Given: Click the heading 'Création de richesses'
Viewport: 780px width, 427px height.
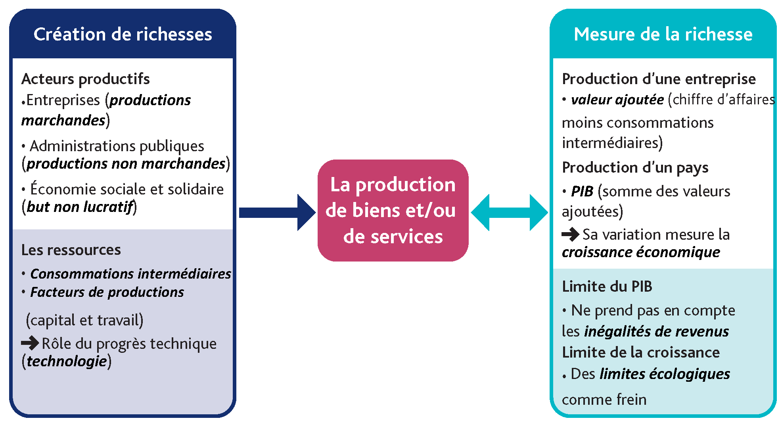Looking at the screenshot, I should (123, 35).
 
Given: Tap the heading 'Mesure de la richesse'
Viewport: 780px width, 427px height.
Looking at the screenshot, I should (663, 35).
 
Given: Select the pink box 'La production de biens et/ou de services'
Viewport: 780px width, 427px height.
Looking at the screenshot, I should (393, 210).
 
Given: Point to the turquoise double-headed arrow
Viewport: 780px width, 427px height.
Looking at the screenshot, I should (509, 212).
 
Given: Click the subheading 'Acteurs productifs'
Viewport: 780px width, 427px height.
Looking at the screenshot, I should (86, 79).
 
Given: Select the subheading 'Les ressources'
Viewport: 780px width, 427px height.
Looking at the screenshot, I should (71, 250).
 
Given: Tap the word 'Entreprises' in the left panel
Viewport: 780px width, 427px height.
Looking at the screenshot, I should (63, 100).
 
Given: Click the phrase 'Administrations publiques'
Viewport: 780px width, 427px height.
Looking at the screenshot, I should (117, 146).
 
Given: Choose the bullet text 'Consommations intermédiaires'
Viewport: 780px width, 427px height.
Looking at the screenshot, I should (130, 274).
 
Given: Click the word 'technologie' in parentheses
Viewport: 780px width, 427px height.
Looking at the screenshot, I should (67, 361).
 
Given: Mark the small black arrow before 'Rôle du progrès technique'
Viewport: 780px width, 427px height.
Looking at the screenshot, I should (30, 342).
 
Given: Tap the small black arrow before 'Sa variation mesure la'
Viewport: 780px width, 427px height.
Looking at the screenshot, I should (570, 234).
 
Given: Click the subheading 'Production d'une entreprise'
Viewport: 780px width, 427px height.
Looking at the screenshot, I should (659, 79).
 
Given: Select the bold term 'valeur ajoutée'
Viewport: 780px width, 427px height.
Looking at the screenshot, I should (617, 100).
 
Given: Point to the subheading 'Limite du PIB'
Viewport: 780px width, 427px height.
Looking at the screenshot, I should (607, 287).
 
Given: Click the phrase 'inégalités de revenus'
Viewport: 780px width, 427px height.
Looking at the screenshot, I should (656, 331).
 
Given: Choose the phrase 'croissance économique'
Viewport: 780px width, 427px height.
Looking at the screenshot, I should (641, 252).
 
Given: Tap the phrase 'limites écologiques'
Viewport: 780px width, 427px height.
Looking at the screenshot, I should (665, 374).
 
